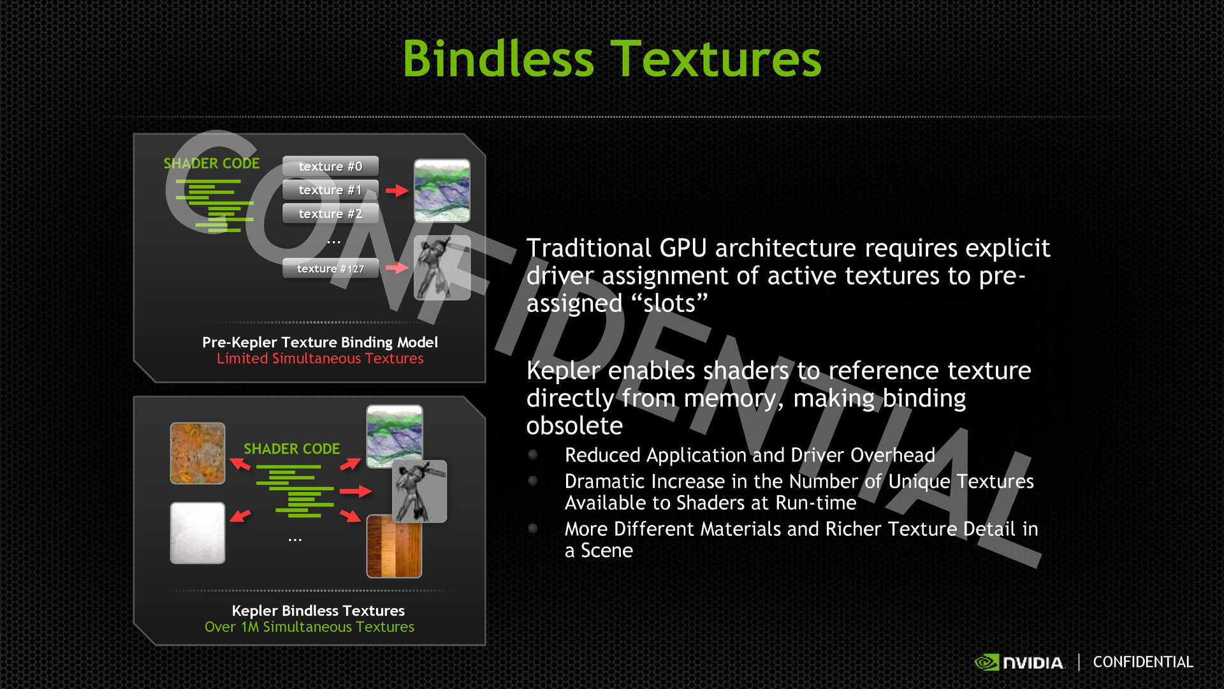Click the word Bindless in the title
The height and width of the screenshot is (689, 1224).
(499, 59)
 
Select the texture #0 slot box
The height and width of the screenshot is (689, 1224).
(330, 166)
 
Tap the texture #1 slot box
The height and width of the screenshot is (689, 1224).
(330, 189)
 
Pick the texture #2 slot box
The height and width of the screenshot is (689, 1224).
(330, 213)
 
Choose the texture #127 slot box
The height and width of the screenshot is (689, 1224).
(330, 268)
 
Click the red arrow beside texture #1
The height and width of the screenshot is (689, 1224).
(397, 190)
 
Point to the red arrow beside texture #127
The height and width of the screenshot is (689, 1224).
(397, 268)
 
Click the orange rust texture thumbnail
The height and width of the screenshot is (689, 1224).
(198, 453)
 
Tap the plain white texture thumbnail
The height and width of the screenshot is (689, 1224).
(198, 533)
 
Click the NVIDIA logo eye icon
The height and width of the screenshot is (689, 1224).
(987, 663)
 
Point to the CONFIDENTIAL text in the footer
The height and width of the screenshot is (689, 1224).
(1143, 662)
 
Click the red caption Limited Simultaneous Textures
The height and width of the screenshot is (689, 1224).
(320, 359)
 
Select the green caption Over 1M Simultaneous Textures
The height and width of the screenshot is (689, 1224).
(309, 627)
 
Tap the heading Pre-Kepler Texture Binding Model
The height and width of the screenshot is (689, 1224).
(320, 343)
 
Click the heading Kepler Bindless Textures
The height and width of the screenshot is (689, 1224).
(318, 611)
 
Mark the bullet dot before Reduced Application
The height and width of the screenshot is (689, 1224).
(533, 455)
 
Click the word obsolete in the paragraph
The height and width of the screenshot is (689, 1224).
(574, 426)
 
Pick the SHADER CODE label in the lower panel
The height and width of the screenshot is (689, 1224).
(292, 449)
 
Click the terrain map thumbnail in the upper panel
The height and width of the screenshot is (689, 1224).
(442, 191)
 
